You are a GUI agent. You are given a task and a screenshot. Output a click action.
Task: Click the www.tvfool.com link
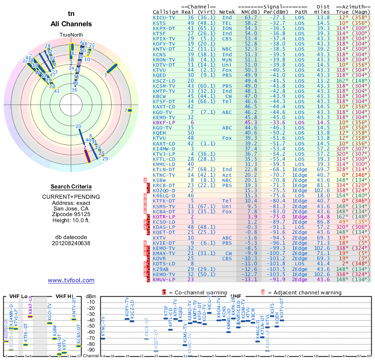click(x=71, y=280)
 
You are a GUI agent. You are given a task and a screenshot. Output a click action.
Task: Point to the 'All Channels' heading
click(x=71, y=24)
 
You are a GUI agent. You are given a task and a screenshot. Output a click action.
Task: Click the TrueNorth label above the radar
click(x=71, y=35)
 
